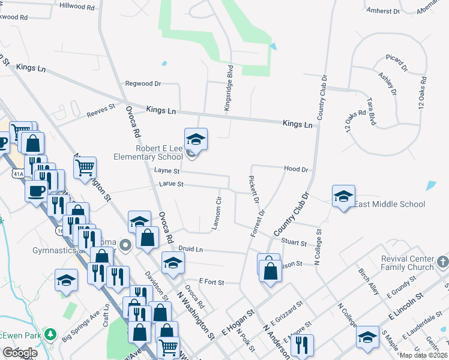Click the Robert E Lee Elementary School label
pyautogui.click(x=148, y=152)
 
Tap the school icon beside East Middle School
pyautogui.click(x=343, y=196)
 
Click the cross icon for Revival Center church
pyautogui.click(x=442, y=262)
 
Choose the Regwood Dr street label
pyautogui.click(x=143, y=84)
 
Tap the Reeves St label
pyautogui.click(x=100, y=110)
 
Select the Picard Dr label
pyautogui.click(x=397, y=62)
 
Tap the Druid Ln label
pyautogui.click(x=191, y=249)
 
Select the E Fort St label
pyautogui.click(x=211, y=281)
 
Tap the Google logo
pyautogui.click(x=19, y=353)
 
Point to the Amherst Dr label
pyautogui.click(x=382, y=11)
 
